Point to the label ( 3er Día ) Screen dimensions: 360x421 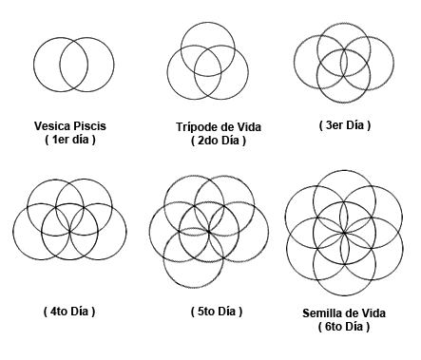click(344, 124)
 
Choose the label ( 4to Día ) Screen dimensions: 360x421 click(69, 311)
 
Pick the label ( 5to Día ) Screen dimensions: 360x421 click(208, 311)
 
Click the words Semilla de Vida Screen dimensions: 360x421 click(343, 313)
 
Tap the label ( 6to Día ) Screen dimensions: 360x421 click(343, 327)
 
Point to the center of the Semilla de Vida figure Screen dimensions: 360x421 click(343, 232)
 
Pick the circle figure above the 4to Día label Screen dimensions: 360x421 click(69, 231)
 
